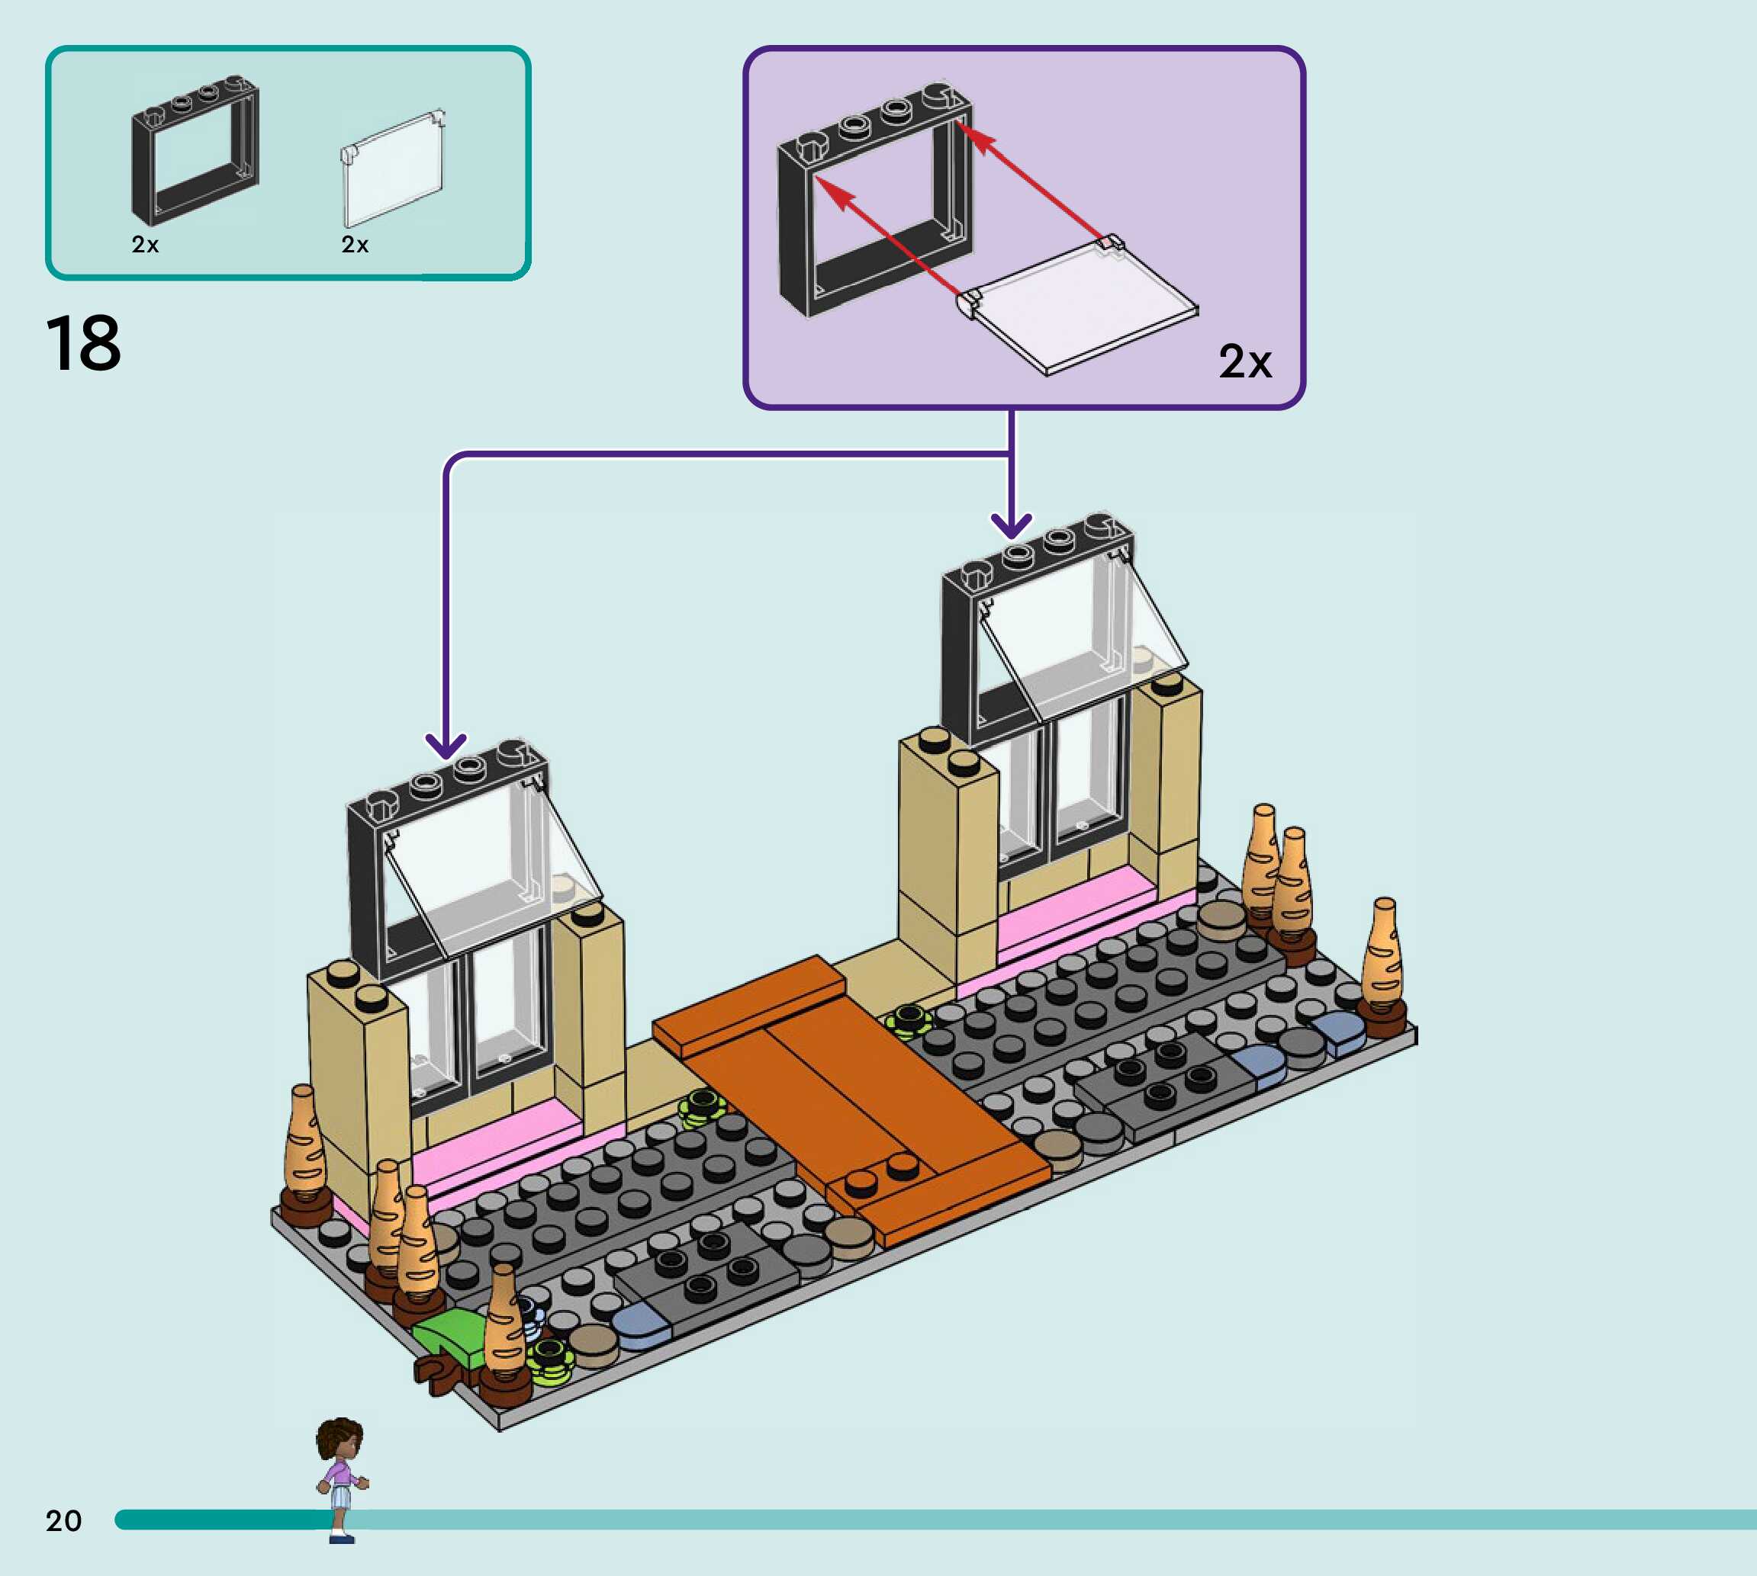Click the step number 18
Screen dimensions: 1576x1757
click(x=83, y=344)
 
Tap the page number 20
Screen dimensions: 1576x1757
click(x=63, y=1520)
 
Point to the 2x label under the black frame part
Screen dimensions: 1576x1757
click(x=145, y=245)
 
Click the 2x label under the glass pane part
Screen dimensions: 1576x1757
click(x=354, y=245)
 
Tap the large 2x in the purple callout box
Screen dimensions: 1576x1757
click(x=1244, y=361)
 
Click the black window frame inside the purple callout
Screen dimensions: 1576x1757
click(x=874, y=199)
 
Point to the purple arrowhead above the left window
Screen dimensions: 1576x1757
click(x=446, y=745)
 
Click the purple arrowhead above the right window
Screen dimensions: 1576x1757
click(x=1011, y=524)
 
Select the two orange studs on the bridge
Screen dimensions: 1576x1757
click(x=882, y=1173)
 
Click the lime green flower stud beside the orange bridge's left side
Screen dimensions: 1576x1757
click(x=703, y=1106)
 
